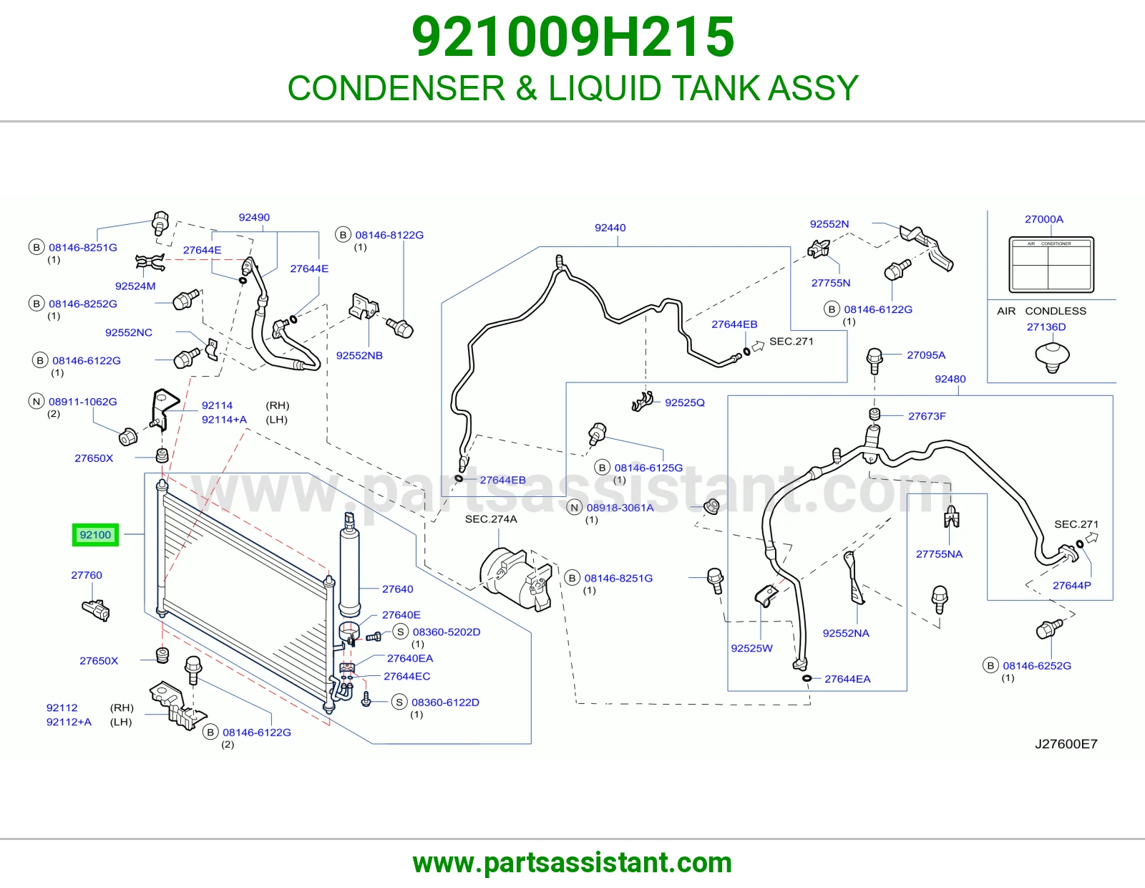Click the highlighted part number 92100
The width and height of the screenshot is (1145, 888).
(x=95, y=535)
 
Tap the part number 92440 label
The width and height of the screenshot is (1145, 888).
(x=610, y=228)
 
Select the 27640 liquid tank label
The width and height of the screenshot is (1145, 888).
(x=397, y=589)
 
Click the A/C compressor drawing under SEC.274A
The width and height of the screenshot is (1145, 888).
(x=516, y=579)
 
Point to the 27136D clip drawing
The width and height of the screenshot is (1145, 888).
(x=1052, y=357)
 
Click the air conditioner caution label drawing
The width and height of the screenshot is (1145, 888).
(x=1051, y=265)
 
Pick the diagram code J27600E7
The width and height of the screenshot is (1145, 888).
(x=1066, y=743)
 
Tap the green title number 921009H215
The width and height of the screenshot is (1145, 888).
(x=572, y=37)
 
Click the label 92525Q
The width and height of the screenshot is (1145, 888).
(x=684, y=402)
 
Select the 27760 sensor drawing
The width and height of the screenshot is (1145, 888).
(x=96, y=610)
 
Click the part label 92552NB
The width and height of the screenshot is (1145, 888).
(x=359, y=355)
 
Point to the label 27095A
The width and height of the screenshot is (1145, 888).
(x=926, y=355)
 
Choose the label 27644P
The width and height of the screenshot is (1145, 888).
(x=1072, y=585)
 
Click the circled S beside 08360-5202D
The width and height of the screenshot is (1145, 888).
(x=401, y=632)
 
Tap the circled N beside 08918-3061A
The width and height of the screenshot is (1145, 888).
(x=574, y=507)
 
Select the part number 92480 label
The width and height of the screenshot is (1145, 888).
(x=950, y=379)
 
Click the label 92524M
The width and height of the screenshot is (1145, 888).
(x=135, y=286)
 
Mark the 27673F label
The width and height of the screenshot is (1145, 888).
(x=927, y=416)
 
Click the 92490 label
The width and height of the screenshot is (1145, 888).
(x=254, y=217)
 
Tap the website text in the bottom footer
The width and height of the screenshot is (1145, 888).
(x=572, y=863)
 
